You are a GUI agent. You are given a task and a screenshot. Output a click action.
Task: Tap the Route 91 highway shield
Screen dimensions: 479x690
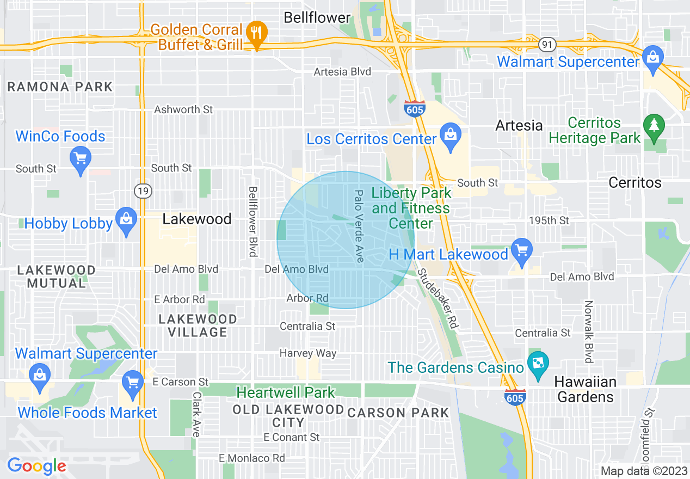pos(547,43)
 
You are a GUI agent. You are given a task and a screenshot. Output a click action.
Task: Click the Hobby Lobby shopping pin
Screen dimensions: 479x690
pos(127,220)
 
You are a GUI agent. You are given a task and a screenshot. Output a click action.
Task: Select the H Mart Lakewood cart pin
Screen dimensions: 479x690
pos(522,250)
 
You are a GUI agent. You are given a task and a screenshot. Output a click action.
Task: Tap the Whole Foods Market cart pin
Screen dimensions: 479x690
pos(133,382)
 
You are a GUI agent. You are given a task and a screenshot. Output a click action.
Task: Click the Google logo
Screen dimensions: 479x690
pos(36,466)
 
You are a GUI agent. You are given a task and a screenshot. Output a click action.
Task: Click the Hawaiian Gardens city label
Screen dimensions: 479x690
pos(586,389)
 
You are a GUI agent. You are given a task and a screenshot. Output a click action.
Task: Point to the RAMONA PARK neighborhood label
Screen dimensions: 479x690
pos(60,87)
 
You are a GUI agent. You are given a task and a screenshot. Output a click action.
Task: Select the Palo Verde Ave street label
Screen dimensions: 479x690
pos(359,226)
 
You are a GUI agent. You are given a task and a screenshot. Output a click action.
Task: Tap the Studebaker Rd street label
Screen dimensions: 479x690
pos(436,299)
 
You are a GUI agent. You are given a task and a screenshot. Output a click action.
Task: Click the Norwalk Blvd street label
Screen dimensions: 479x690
pos(588,331)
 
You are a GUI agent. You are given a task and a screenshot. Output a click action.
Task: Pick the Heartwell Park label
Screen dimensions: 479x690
pos(286,392)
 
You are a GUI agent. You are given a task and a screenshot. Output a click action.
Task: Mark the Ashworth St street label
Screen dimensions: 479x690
pos(183,109)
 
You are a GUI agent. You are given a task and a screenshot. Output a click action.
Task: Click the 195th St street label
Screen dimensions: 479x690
pos(549,220)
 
